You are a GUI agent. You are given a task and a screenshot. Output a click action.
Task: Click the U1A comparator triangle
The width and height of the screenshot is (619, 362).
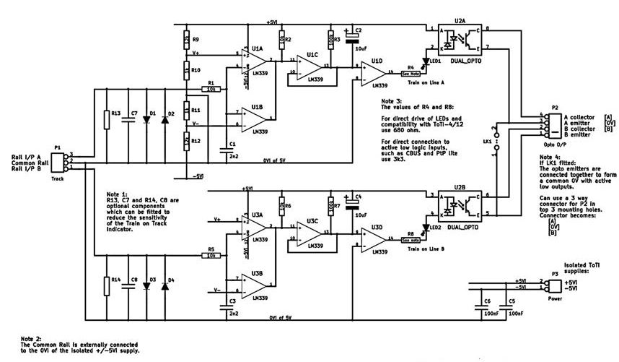tap(255, 60)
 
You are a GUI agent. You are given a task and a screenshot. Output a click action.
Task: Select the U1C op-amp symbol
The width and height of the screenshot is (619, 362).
tap(312, 66)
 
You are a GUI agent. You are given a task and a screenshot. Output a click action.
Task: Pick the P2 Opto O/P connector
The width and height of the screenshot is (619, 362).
tap(553, 124)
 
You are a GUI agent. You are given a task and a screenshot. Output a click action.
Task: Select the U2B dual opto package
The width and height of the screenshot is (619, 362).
tap(460, 205)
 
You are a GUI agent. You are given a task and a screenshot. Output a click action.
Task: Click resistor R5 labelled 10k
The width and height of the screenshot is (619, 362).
tap(211, 255)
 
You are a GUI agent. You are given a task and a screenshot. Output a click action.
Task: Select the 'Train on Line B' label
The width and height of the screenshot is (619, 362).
tap(421, 249)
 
